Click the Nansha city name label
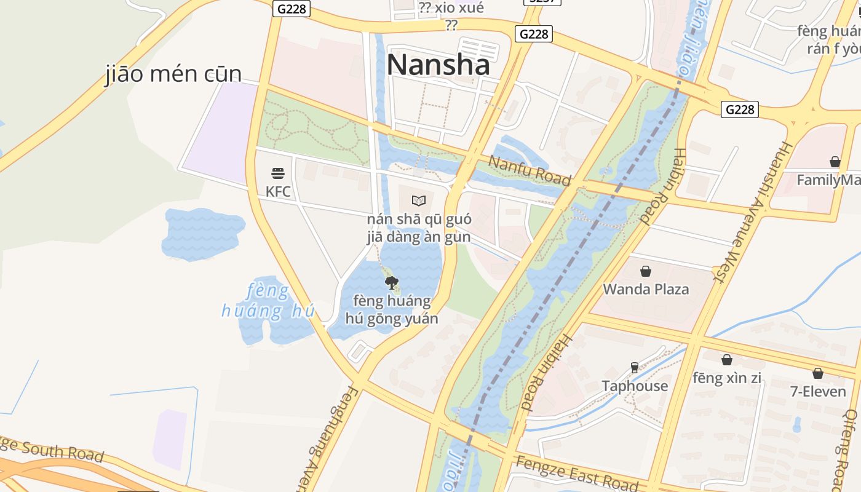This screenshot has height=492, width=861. click(438, 65)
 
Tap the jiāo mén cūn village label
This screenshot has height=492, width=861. click(173, 74)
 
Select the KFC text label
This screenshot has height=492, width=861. click(278, 191)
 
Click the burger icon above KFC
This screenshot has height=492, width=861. click(278, 173)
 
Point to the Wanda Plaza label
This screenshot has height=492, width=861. click(646, 289)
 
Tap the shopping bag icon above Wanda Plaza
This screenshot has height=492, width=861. click(646, 271)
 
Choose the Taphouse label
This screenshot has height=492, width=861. click(635, 386)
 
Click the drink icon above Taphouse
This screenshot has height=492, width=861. click(635, 368)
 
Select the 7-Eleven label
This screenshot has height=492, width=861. click(818, 391)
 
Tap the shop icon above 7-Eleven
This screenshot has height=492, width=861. click(818, 373)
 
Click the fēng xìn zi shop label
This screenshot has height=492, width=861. click(727, 378)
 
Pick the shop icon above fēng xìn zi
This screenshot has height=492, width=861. click(727, 360)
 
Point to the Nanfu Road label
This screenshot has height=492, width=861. click(530, 170)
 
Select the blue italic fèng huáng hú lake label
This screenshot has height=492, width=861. click(268, 301)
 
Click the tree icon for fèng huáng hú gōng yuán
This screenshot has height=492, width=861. click(392, 283)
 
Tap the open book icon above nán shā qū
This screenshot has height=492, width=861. click(419, 200)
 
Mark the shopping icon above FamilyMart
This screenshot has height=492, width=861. click(835, 162)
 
